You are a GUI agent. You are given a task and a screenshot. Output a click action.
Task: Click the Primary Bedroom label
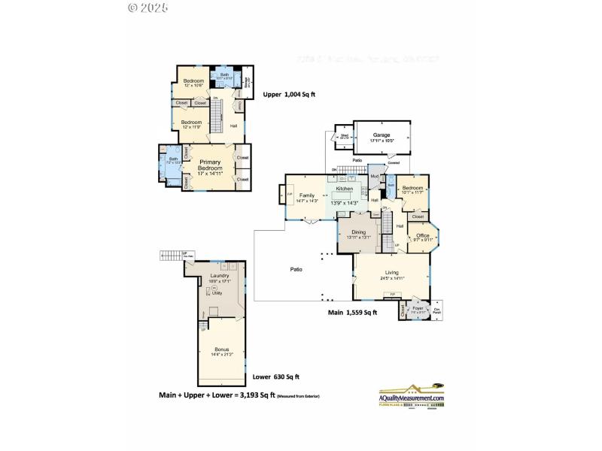tap(210, 165)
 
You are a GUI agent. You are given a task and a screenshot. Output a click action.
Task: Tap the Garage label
tap(382, 135)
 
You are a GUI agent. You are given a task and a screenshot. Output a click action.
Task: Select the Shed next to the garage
tap(344, 137)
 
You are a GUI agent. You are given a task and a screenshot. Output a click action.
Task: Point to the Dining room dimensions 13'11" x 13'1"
tap(360, 238)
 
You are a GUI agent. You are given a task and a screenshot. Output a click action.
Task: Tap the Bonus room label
tap(221, 350)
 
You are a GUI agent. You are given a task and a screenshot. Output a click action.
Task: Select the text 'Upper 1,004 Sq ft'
tap(290, 95)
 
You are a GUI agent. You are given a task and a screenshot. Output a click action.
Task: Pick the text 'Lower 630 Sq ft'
tap(275, 377)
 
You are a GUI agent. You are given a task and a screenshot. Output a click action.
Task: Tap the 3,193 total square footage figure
tap(247, 394)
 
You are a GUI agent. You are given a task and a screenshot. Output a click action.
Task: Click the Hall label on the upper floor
tap(233, 126)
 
